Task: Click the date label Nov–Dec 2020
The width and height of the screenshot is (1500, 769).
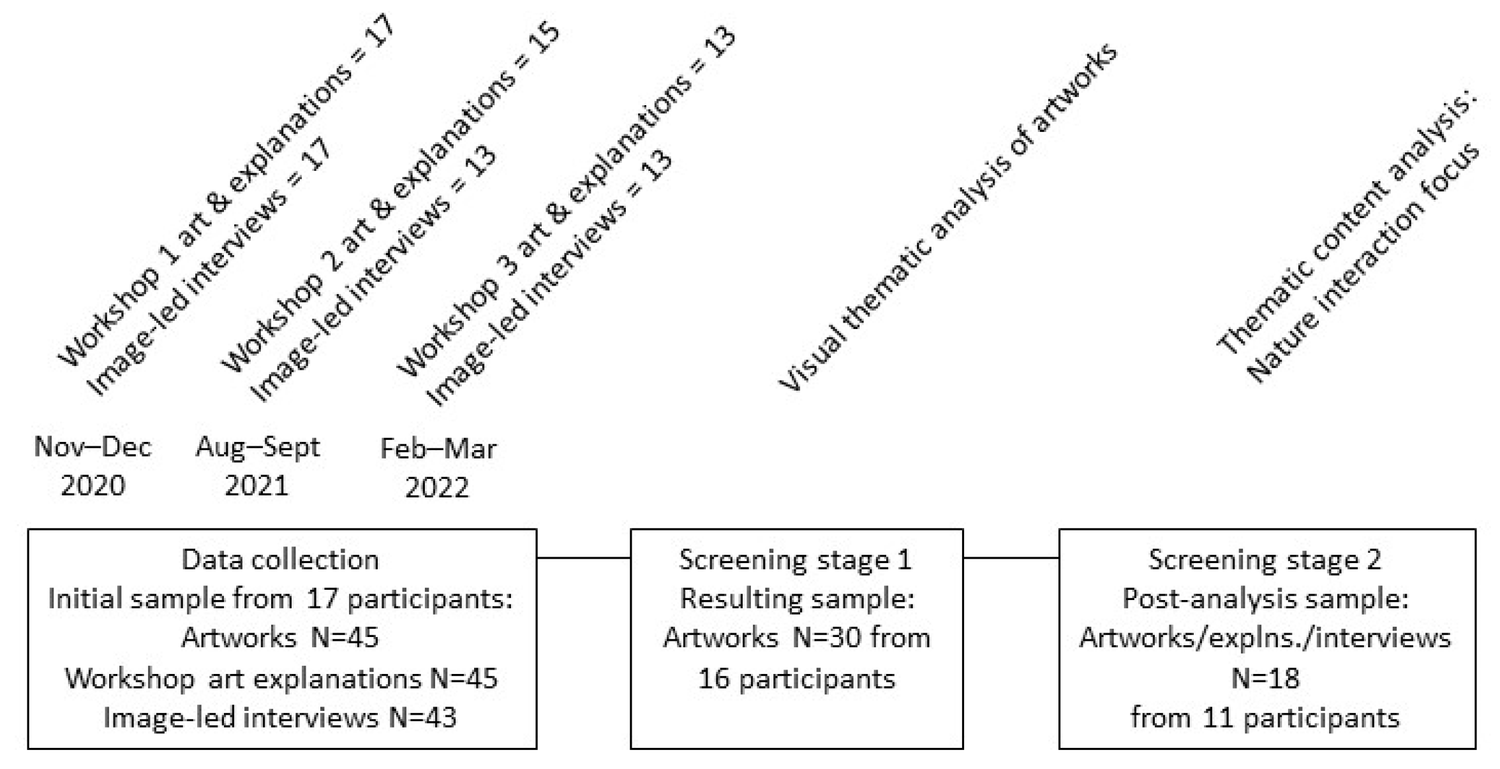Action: (93, 466)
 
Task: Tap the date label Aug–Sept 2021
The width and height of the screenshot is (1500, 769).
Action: (257, 466)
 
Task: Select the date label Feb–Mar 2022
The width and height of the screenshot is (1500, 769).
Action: (438, 467)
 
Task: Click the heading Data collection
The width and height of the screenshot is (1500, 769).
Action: (280, 560)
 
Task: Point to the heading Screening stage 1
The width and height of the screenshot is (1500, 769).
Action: (796, 560)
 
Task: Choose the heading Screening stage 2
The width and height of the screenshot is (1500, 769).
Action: (1265, 560)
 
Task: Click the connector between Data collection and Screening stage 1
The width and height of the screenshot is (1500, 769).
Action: (583, 558)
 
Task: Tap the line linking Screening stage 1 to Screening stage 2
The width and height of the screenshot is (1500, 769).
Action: (1011, 558)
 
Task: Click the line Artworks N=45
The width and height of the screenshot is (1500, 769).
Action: (280, 638)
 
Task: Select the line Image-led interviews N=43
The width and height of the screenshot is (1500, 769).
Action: (280, 718)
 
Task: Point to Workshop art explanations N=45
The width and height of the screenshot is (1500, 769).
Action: (281, 678)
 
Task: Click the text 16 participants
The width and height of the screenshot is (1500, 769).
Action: (797, 678)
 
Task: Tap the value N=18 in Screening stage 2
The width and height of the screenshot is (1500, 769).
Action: (1265, 678)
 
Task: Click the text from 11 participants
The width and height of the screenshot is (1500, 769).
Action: (1265, 718)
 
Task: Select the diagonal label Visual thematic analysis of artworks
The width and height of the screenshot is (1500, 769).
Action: (947, 217)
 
